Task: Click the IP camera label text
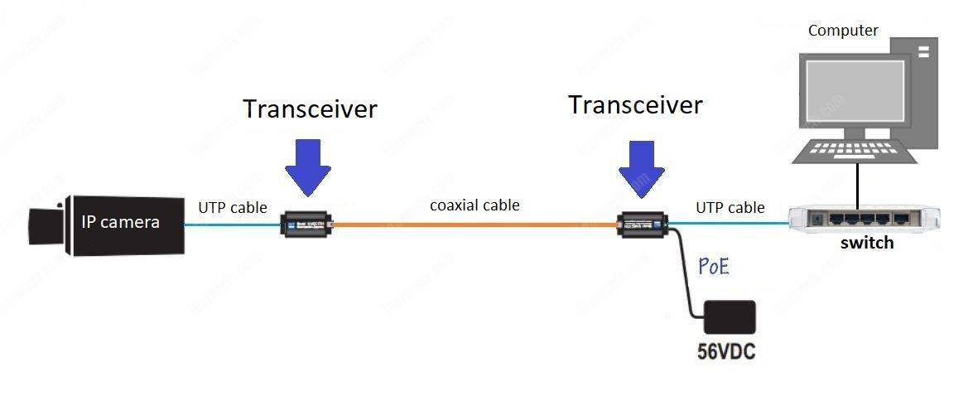coord(120,222)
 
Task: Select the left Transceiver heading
coord(310,109)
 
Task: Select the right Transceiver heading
coord(635,105)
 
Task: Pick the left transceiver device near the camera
coord(306,224)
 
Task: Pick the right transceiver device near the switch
coord(643,224)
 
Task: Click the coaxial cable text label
coord(474,205)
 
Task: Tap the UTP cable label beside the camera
coord(232,207)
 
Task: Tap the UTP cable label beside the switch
coord(730,207)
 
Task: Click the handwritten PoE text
coord(715,268)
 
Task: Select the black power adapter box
coord(729,317)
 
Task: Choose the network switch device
coord(864,218)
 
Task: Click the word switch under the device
coord(867,244)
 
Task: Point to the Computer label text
coord(843,31)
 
